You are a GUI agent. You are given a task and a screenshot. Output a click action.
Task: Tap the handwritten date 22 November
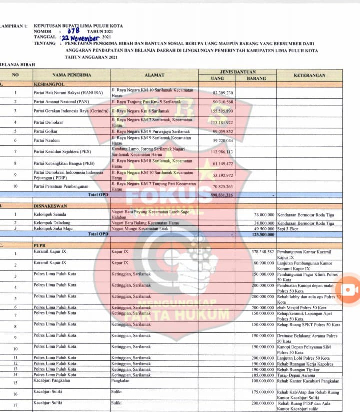[80, 37]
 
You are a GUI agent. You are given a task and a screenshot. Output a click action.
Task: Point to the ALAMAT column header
[154, 75]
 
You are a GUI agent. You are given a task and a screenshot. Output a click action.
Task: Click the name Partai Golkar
[45, 131]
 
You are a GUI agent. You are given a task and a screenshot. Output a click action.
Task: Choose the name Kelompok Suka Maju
[53, 228]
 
